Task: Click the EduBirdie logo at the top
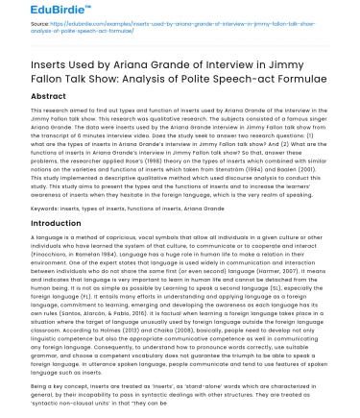(39, 12)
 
